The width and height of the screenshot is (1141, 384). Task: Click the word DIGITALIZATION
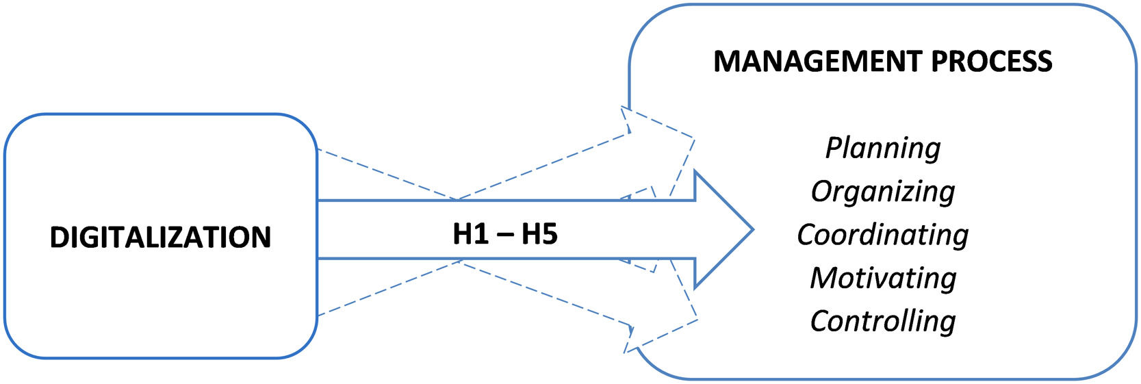[x=160, y=237]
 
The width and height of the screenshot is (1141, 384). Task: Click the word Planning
[x=882, y=149]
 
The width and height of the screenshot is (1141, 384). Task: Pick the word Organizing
[x=882, y=192]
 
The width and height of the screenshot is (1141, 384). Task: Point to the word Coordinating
[x=882, y=235]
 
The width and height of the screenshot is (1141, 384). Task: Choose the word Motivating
[x=882, y=278]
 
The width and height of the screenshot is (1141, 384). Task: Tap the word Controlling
[x=882, y=321]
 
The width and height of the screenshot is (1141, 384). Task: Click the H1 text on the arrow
[x=470, y=234]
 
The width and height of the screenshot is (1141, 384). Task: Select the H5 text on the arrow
[x=539, y=234]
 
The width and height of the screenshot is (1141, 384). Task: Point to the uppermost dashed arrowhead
[x=657, y=130]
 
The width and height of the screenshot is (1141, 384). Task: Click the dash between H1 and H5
[x=505, y=235]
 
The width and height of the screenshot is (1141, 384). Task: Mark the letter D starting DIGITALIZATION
[x=58, y=237]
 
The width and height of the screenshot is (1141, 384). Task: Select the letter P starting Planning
[x=833, y=148]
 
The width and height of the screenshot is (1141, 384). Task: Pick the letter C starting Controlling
[x=819, y=321]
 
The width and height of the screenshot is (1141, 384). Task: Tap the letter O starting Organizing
[x=820, y=191]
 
